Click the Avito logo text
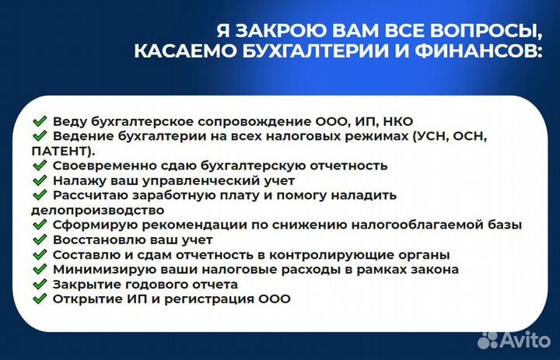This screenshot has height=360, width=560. point(526,339)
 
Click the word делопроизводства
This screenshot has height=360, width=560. point(97,210)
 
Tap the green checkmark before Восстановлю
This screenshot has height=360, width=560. point(40,239)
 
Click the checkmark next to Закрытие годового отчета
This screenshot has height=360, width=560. point(40,284)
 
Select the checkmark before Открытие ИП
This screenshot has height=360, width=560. point(40,299)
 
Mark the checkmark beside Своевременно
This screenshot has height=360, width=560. point(40,166)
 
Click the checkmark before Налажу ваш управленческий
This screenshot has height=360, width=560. point(40,180)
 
